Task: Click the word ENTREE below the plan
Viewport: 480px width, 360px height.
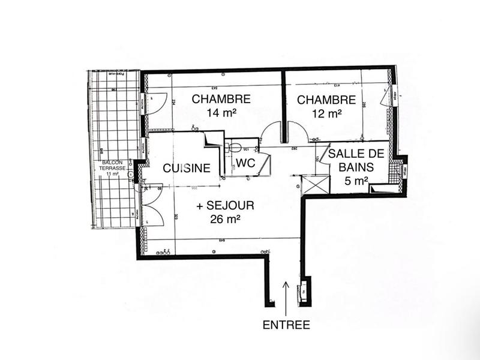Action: (286, 325)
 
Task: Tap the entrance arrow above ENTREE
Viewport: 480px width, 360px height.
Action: (286, 297)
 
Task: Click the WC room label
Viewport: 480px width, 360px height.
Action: (246, 163)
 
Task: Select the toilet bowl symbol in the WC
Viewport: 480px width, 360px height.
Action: (235, 147)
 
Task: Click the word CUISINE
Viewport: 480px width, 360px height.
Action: (187, 169)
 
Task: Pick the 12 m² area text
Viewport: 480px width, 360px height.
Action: (327, 112)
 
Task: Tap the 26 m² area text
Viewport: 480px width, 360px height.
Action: (226, 219)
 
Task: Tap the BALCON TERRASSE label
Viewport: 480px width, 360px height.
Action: (113, 166)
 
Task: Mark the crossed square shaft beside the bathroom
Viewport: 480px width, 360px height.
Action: (316, 184)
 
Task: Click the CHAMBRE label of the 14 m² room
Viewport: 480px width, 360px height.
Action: (221, 99)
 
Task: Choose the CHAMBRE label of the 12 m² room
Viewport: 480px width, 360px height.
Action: (326, 100)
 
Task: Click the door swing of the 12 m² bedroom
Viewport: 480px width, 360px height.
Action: (294, 131)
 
